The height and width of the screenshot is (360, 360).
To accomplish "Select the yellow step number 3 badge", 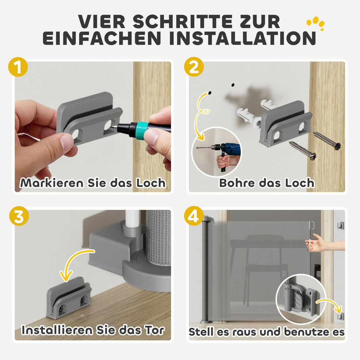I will click(x=17, y=217).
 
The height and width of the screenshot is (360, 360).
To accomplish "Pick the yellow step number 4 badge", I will click(x=194, y=217).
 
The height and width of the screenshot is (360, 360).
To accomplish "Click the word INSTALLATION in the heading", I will click(x=242, y=38).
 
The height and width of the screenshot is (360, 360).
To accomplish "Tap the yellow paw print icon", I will click(x=315, y=22).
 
